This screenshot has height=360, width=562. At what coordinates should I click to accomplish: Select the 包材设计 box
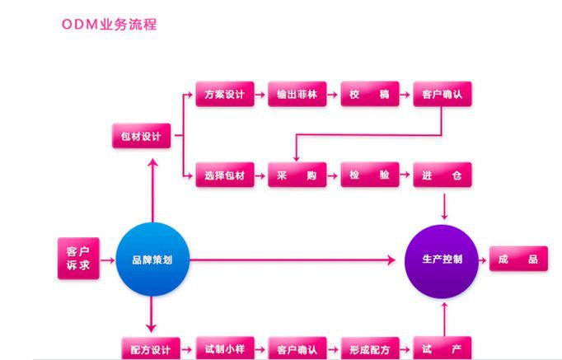(142, 136)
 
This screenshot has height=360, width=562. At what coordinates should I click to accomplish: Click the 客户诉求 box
(78, 259)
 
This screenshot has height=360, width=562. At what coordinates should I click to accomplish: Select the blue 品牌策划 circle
(152, 259)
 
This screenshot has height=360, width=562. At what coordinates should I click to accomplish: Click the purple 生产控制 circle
(443, 259)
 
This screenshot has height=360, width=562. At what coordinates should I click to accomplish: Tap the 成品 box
(518, 259)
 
